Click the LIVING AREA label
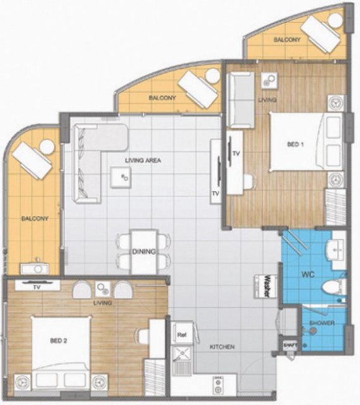[x=143, y=160]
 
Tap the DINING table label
[x=144, y=251]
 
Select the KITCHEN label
[x=222, y=347]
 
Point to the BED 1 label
[x=295, y=144]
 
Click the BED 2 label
[x=59, y=341]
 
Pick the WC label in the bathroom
[x=308, y=274]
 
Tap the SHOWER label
[x=322, y=323]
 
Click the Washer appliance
[x=266, y=286]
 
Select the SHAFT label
[x=290, y=344]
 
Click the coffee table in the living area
[x=121, y=177]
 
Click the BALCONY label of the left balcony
[x=35, y=218]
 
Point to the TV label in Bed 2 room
[x=37, y=287]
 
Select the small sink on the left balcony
[x=38, y=268]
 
